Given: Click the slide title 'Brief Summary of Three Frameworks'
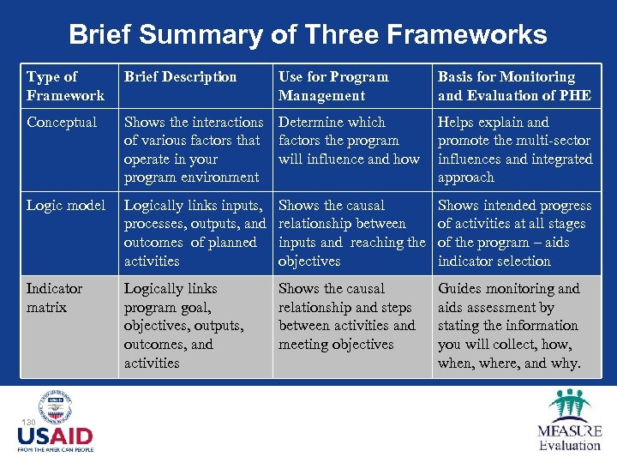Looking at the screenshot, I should (x=308, y=34).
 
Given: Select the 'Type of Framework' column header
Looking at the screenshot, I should (x=65, y=86).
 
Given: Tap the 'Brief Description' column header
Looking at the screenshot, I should (x=180, y=77).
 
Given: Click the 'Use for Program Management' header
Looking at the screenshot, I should (x=333, y=86).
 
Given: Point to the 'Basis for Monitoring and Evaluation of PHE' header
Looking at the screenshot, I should (x=514, y=86).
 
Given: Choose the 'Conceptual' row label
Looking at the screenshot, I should (x=62, y=123).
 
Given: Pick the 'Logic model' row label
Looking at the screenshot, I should (x=66, y=206).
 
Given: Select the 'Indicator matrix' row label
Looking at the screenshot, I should (x=55, y=298).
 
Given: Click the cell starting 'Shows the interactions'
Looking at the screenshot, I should (x=193, y=149).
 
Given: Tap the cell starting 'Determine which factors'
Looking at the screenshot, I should (x=349, y=141).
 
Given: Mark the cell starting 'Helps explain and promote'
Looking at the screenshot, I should (x=514, y=149).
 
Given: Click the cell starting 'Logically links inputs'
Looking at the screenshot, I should (x=195, y=233).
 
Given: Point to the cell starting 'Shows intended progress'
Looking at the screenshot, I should (x=514, y=233).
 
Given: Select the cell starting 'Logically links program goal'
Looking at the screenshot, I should (x=183, y=325).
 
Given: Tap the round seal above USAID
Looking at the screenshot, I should (x=55, y=406).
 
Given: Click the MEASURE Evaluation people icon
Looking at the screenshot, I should (x=569, y=405).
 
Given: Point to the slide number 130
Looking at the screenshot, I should (x=28, y=423).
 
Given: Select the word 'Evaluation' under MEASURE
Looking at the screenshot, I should (x=570, y=445).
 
